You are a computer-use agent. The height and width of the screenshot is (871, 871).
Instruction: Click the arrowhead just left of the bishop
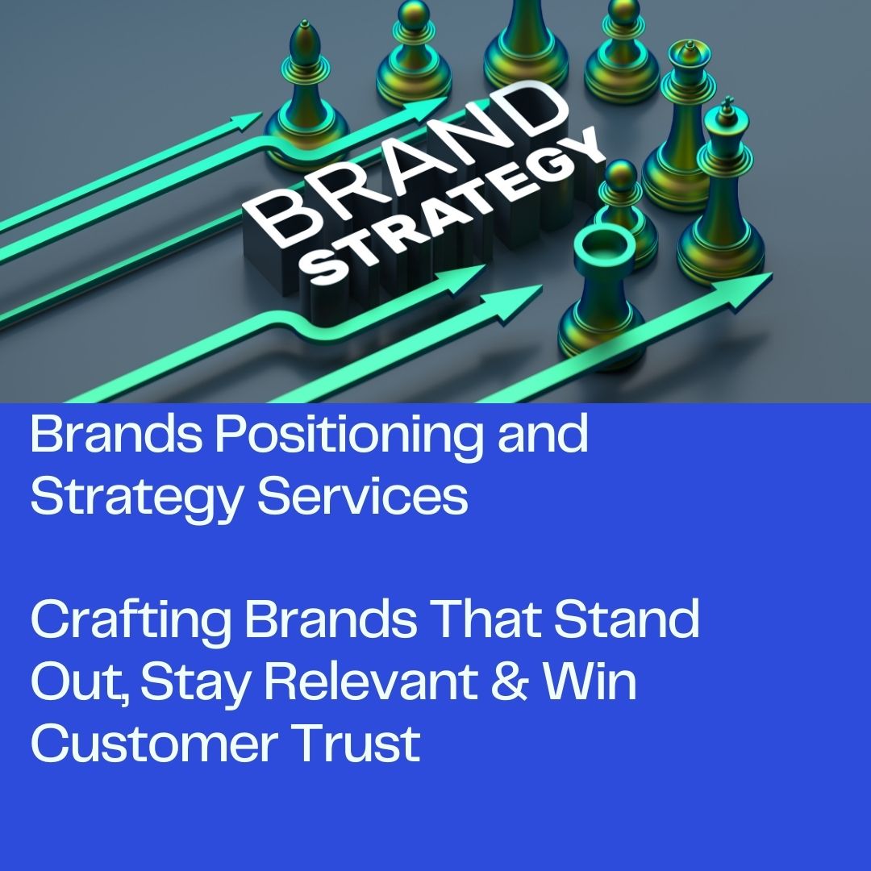(245, 120)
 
